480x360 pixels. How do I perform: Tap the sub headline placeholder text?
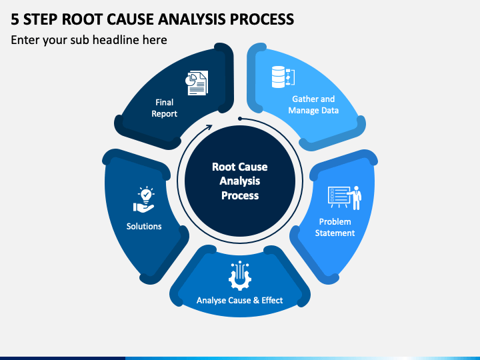click(x=89, y=40)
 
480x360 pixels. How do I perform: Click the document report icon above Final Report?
click(x=197, y=83)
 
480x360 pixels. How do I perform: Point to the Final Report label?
click(x=165, y=108)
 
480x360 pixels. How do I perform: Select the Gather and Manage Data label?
click(x=313, y=105)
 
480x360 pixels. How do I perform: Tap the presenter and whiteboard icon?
click(x=345, y=197)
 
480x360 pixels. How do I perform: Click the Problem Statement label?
click(x=335, y=227)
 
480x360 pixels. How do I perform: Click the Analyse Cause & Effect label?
click(x=240, y=300)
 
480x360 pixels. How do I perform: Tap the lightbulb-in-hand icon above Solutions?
click(x=144, y=199)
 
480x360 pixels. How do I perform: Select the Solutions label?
click(x=144, y=226)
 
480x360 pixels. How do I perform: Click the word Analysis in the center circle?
click(x=240, y=181)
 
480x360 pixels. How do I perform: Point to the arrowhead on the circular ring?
click(x=209, y=127)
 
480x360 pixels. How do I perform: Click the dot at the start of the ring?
click(x=240, y=119)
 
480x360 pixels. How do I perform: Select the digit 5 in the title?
click(x=15, y=19)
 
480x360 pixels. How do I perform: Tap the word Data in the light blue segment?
click(x=330, y=110)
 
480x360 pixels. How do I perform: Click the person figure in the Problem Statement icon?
click(x=356, y=198)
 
